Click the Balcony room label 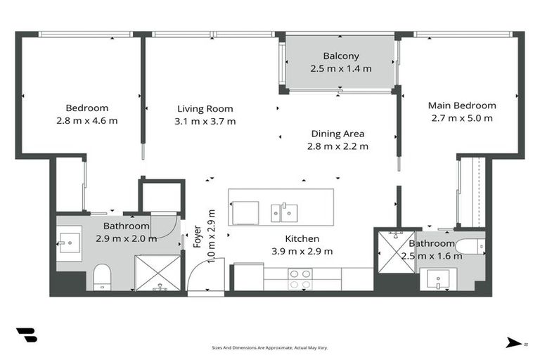tap(341, 56)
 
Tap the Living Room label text tap(205, 109)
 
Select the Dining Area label tap(337, 134)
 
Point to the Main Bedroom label tap(462, 105)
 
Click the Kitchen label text tap(302, 239)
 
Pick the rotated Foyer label tap(197, 238)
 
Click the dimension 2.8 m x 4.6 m tap(87, 120)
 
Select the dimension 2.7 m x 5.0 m tap(462, 118)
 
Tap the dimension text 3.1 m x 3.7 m tap(205, 121)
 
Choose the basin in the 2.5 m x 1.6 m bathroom tap(437, 280)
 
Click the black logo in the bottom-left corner tap(27, 335)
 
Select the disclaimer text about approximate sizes tap(270, 347)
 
